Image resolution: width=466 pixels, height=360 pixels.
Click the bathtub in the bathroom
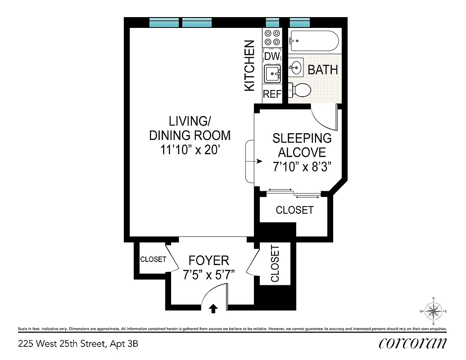[314, 41]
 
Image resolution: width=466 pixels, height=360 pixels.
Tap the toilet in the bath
[301, 90]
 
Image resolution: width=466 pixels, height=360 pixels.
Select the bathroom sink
[296, 67]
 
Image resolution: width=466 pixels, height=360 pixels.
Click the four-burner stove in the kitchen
[272, 37]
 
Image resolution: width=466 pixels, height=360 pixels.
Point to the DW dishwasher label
[272, 56]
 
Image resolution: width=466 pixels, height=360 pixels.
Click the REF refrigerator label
[272, 94]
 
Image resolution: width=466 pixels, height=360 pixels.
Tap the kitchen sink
[272, 74]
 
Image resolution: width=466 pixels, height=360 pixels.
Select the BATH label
[322, 70]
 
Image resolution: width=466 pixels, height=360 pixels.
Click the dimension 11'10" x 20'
[190, 150]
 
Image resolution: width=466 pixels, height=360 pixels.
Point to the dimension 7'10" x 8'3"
[302, 167]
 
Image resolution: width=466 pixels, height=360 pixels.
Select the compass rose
[433, 311]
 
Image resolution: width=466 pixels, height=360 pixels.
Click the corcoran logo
[412, 343]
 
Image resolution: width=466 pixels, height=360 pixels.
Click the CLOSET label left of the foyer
[153, 260]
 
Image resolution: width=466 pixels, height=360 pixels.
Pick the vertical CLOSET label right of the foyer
[275, 264]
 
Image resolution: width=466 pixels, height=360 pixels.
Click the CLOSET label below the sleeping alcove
[294, 210]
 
